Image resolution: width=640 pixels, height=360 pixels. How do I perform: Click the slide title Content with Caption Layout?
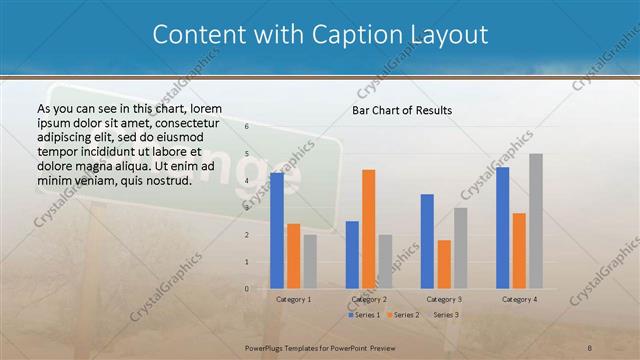coord(320,35)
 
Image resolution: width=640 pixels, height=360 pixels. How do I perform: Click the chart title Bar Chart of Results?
coord(402,109)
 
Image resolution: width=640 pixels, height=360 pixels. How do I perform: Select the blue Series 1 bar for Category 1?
coord(277,230)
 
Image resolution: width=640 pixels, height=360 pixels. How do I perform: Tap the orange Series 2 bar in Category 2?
coord(369,229)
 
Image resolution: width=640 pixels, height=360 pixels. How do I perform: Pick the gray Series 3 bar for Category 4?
coord(536,221)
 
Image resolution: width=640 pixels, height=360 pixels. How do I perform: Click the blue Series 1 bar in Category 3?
coord(427,241)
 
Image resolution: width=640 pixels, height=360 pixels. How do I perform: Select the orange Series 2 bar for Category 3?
coord(444,264)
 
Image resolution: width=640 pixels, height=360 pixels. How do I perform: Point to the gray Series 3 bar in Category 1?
coord(310,261)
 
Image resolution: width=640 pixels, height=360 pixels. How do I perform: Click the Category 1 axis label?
coord(293,299)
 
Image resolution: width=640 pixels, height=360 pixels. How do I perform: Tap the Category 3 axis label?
coord(444,299)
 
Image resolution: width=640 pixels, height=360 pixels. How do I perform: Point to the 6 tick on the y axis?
coord(246,128)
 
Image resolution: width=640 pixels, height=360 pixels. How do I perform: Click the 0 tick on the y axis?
coord(246,289)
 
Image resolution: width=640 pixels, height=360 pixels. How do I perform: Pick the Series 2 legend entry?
coord(402,315)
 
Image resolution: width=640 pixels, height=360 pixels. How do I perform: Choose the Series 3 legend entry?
coord(442,315)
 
